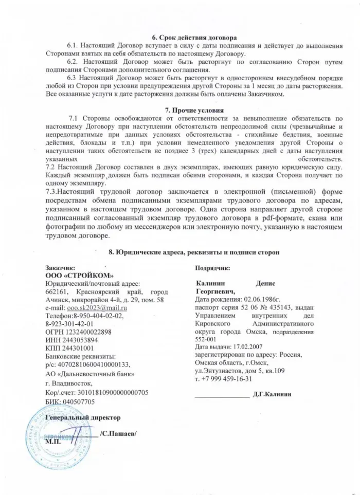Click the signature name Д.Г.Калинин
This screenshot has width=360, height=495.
click(x=272, y=394)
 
